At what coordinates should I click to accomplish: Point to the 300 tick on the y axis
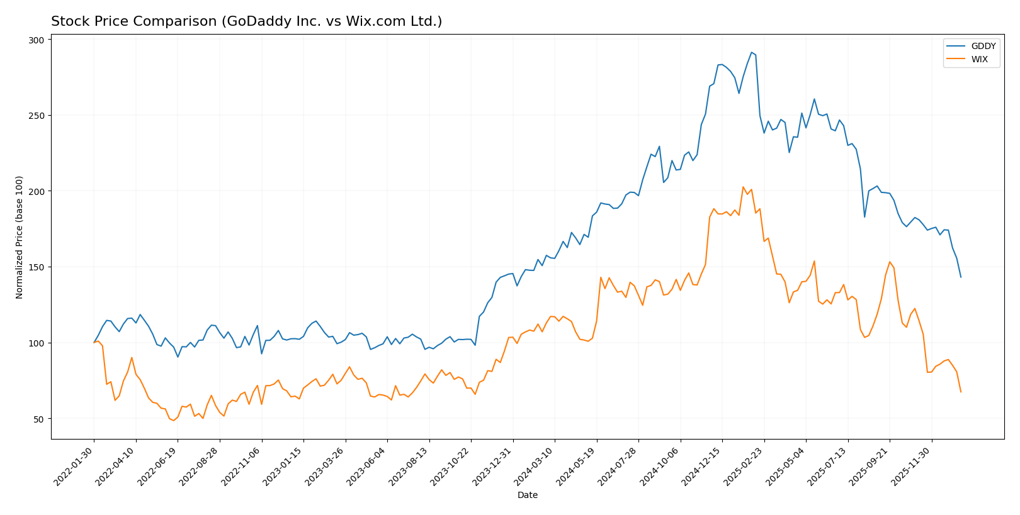[x=37, y=40]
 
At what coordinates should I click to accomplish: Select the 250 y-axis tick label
[x=37, y=116]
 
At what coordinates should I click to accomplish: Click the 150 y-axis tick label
[x=37, y=267]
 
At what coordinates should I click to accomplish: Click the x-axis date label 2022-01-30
[x=74, y=466]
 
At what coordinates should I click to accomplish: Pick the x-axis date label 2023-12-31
[x=493, y=466]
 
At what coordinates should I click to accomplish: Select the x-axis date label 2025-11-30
[x=912, y=466]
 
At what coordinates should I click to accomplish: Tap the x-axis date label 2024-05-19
[x=577, y=466]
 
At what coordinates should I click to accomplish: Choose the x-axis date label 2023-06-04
[x=367, y=466]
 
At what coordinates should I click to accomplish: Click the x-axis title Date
[x=527, y=496]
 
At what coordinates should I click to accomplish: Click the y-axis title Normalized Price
[x=20, y=237]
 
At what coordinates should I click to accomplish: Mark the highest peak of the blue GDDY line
[x=751, y=52]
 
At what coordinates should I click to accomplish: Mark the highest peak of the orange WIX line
[x=743, y=187]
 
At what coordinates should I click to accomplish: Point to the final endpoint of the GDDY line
[x=961, y=277]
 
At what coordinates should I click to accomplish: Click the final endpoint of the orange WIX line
[x=961, y=392]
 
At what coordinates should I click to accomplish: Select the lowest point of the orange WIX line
[x=174, y=421]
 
